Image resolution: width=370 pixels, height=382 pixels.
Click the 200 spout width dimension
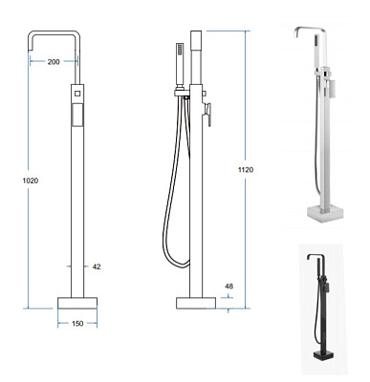(x=54, y=62)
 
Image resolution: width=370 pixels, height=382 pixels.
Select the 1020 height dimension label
(x=31, y=180)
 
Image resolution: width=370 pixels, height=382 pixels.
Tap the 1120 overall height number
(x=246, y=170)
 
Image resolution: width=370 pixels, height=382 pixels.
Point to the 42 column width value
(x=97, y=266)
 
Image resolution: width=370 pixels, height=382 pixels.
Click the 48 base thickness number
(x=229, y=286)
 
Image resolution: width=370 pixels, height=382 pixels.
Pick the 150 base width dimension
(x=77, y=324)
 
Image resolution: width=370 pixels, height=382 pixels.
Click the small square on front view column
(x=77, y=94)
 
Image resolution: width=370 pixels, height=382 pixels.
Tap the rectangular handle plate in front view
(x=77, y=115)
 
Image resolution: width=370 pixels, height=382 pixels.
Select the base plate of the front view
(x=77, y=303)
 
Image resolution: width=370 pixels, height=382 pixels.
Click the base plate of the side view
(x=196, y=303)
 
